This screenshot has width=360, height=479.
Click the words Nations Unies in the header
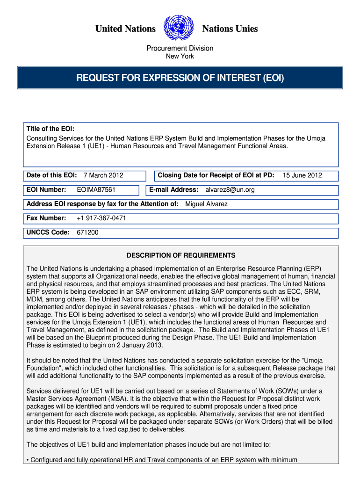(230, 29)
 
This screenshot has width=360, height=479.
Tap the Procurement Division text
(180, 48)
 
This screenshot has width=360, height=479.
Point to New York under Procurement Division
(180, 57)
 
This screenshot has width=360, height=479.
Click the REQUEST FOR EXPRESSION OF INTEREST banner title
(180, 77)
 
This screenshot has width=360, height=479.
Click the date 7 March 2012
(103, 175)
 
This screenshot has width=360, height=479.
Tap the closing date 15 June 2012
(302, 175)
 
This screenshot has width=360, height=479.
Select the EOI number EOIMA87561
(96, 190)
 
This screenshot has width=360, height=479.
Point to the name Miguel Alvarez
(207, 204)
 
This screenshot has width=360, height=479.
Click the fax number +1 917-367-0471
(101, 218)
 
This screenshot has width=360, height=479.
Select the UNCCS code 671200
(87, 232)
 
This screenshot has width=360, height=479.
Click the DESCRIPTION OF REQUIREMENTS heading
(181, 255)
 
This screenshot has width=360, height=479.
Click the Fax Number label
(46, 218)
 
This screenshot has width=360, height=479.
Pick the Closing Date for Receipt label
(216, 175)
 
